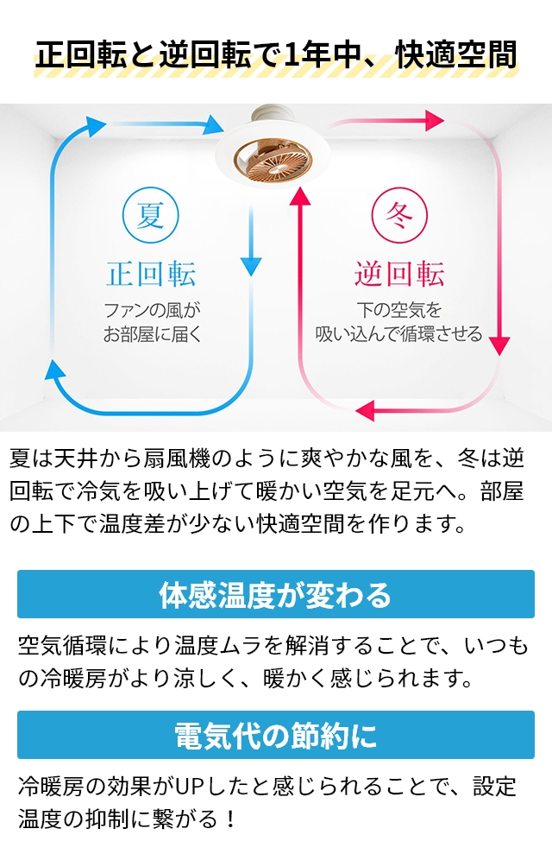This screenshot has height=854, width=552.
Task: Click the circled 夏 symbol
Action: [151, 215]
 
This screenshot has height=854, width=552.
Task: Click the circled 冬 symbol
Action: [399, 215]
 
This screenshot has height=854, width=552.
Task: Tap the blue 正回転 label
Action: [151, 274]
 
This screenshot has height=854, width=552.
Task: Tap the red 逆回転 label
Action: [399, 274]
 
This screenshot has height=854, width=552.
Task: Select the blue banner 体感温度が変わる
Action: [276, 594]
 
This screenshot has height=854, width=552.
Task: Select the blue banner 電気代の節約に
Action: [276, 735]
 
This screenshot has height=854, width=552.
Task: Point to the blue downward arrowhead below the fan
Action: [251, 266]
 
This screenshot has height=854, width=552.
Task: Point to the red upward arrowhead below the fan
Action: [299, 197]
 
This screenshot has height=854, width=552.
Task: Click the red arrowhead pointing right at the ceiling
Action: [434, 120]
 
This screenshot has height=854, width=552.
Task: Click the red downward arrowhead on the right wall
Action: [499, 346]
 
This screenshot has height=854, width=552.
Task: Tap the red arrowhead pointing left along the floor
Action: [365, 410]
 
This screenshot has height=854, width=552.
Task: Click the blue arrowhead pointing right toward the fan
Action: [213, 125]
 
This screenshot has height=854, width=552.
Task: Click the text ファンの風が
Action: [152, 311]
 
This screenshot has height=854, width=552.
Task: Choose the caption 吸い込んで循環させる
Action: [398, 334]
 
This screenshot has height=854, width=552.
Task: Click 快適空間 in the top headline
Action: [455, 54]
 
